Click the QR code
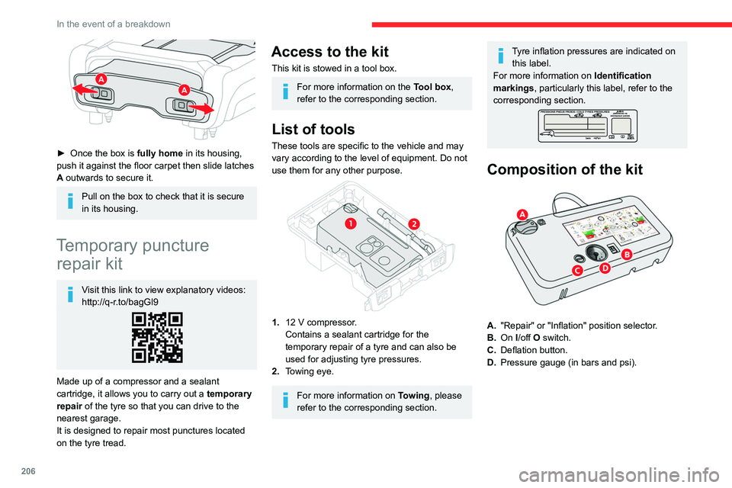pyautogui.click(x=158, y=337)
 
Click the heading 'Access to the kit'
pyautogui.click(x=329, y=52)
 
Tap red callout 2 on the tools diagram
pyautogui.click(x=414, y=223)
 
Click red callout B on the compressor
pyautogui.click(x=627, y=253)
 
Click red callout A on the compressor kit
pyautogui.click(x=522, y=213)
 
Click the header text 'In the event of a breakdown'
pyautogui.click(x=114, y=24)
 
